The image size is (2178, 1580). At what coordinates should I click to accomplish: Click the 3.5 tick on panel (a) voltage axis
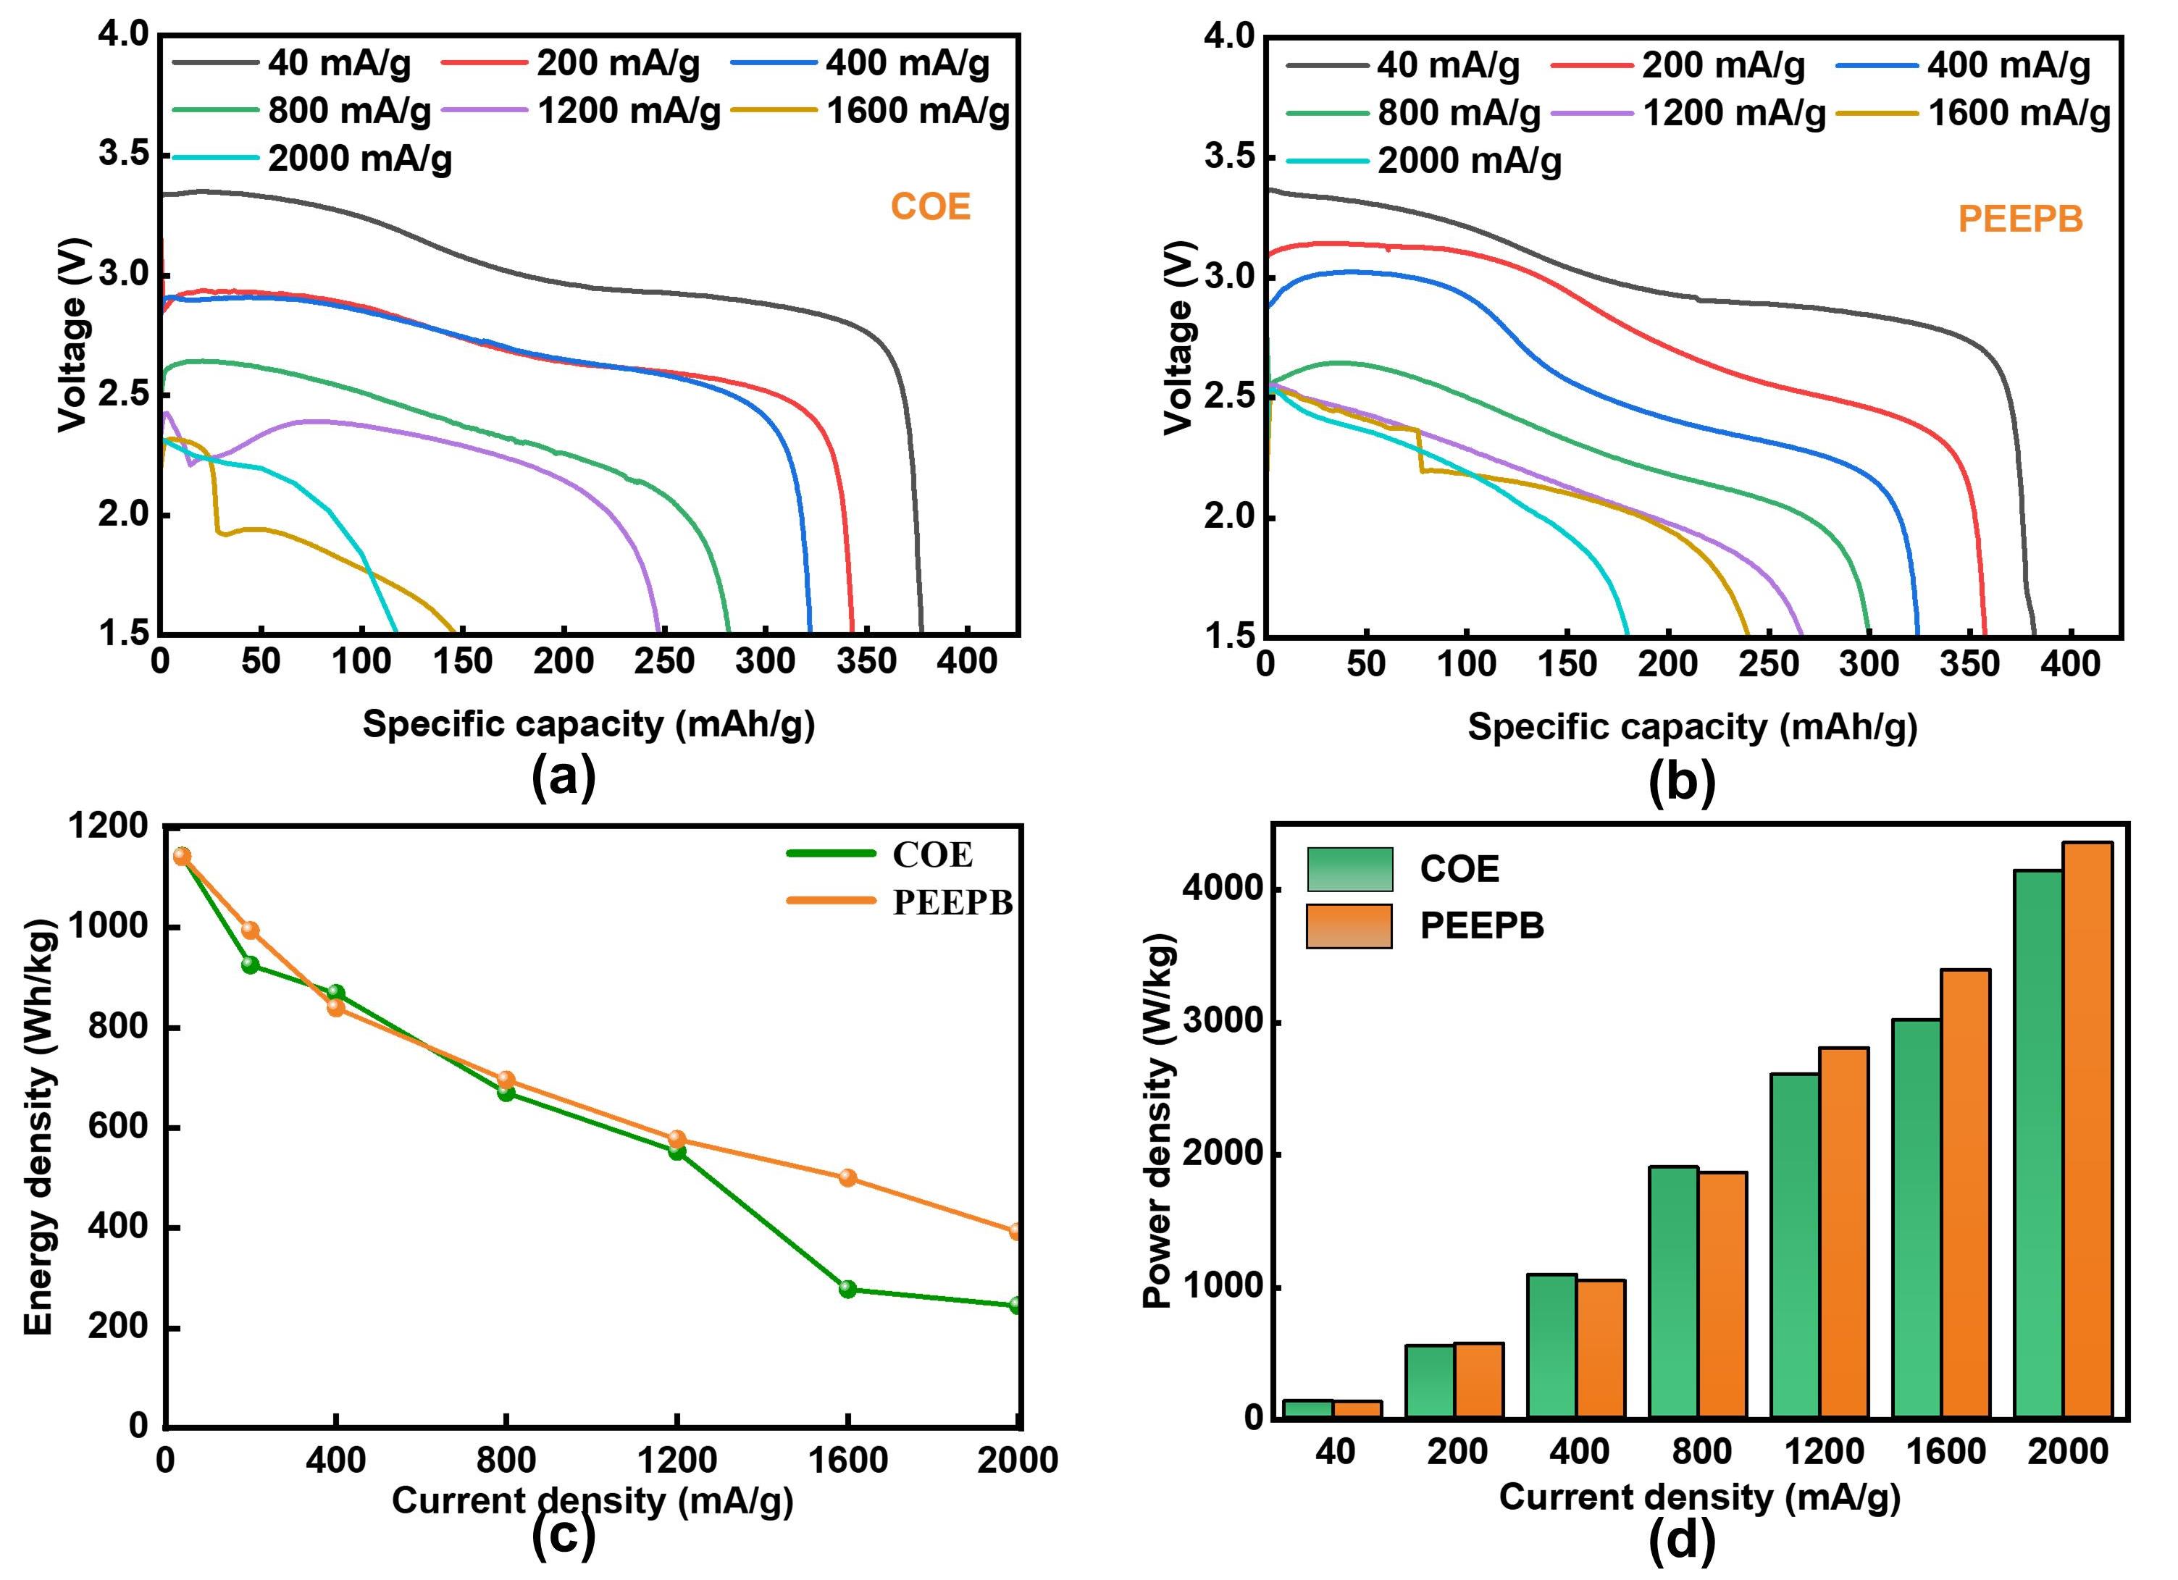(123, 154)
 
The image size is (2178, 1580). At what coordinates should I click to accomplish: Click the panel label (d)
(1682, 1539)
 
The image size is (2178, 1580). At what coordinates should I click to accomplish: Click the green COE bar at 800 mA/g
(1673, 1292)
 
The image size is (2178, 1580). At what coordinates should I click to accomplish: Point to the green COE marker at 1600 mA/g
(847, 1289)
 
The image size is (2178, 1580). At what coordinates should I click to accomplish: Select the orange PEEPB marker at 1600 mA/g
(847, 1178)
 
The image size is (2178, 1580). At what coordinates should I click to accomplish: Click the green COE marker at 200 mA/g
(250, 965)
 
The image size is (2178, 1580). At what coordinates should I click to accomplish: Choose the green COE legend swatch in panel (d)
(1348, 870)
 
